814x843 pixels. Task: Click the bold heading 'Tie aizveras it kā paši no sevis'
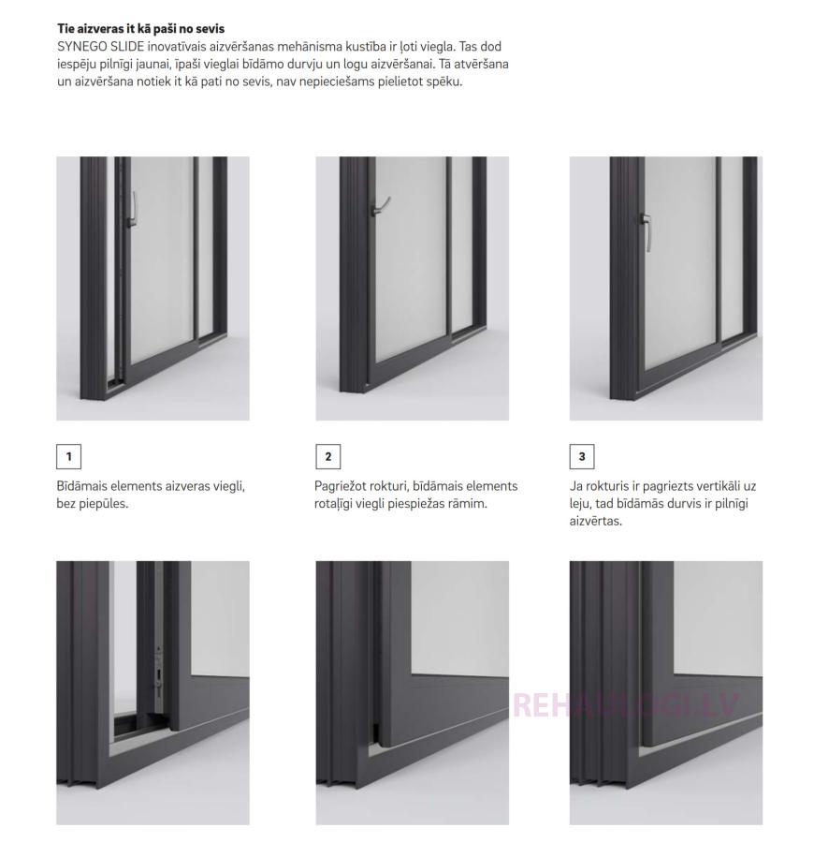click(140, 28)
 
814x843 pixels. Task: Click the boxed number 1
click(68, 456)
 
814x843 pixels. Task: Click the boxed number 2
click(328, 456)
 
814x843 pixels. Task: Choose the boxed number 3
click(582, 456)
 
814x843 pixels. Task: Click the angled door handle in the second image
click(380, 206)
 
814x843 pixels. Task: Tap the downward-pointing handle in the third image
click(647, 231)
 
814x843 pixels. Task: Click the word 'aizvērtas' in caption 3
click(595, 521)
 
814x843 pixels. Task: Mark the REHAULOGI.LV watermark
click(626, 704)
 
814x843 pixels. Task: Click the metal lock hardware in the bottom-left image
click(158, 677)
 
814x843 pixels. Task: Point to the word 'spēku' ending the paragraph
click(444, 82)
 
